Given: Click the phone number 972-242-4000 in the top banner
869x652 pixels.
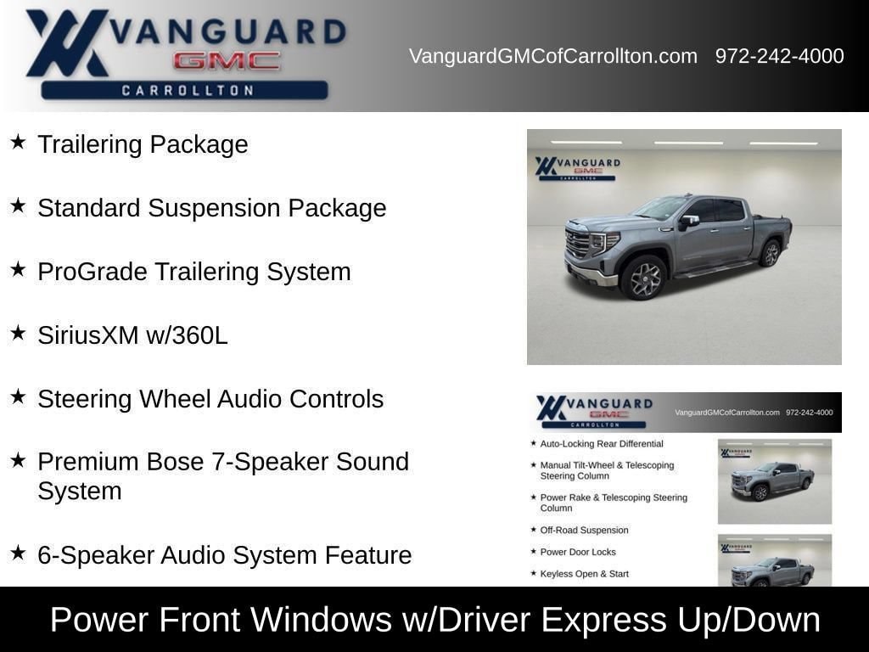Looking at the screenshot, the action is coord(779,56).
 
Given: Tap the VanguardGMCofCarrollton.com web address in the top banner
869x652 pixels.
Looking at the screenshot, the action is coord(553,56).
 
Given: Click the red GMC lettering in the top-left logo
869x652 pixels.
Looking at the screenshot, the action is coord(227,61).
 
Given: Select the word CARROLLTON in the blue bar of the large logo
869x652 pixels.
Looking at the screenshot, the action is coord(188,90).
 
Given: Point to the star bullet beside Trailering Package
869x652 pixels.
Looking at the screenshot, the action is coord(18,142).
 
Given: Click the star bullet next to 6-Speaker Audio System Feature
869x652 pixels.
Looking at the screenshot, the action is coord(18,553).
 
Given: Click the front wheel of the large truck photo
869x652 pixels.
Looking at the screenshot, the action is coord(644,278).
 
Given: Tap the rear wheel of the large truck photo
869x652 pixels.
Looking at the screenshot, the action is coord(771,253).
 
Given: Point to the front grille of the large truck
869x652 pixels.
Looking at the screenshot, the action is coord(577,244).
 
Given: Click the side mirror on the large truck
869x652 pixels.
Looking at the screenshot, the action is coord(689,221).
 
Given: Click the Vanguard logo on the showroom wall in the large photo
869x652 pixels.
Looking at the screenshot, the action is coord(577,168).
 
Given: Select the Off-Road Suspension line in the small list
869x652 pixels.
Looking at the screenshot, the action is coord(584,530).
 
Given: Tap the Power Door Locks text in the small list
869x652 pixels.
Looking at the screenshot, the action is coord(578,552).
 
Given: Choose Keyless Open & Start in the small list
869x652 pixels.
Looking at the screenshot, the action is coord(584,574).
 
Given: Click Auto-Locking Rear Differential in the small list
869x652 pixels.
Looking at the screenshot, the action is coord(602,443).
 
